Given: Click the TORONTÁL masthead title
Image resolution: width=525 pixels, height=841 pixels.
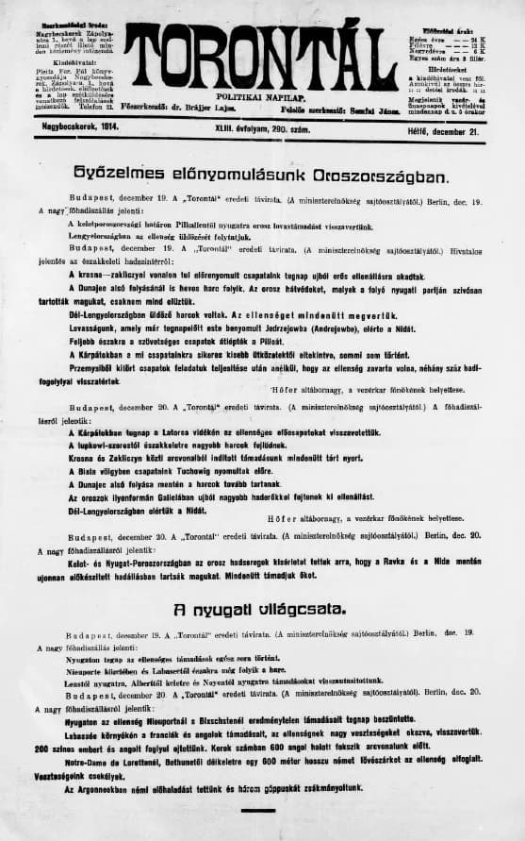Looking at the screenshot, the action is click(x=261, y=57).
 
